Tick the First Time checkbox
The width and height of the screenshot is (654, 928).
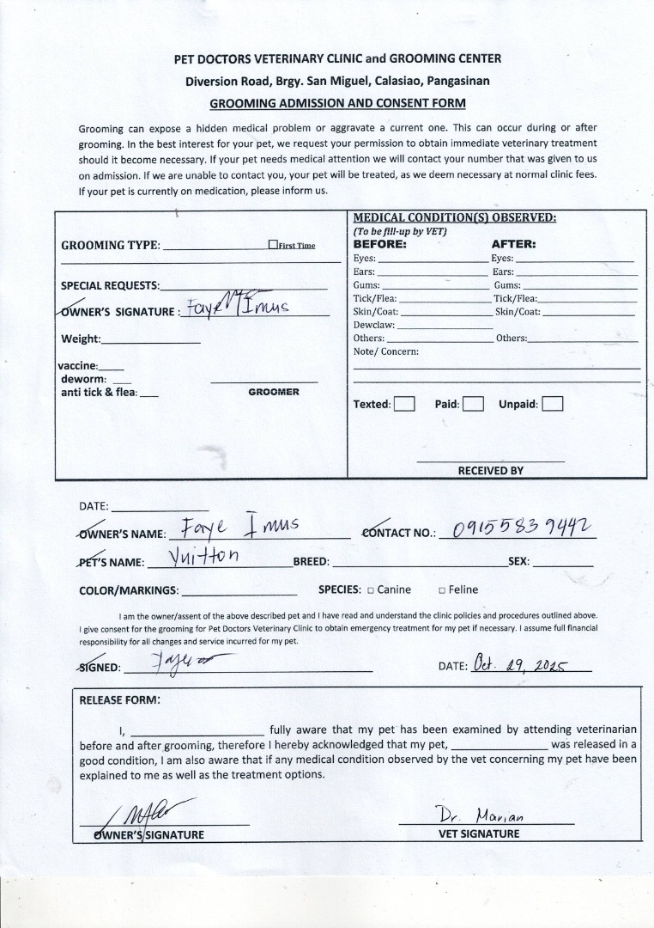[273, 245]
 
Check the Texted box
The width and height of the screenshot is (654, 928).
[404, 404]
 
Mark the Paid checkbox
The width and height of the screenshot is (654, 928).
[473, 404]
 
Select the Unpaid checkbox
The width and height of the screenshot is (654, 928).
[553, 404]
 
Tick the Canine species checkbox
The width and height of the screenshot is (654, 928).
[371, 590]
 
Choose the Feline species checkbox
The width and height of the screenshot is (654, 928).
[442, 590]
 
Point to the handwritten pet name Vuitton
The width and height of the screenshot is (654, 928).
[203, 556]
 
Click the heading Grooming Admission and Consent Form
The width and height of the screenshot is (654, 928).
[338, 103]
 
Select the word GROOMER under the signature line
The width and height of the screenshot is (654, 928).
[274, 392]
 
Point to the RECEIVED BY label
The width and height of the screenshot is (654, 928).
[490, 471]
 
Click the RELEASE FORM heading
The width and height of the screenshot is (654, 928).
[119, 699]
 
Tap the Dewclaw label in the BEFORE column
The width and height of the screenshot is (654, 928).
[374, 326]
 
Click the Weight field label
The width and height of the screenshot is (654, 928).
[81, 339]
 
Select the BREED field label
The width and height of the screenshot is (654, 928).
[312, 562]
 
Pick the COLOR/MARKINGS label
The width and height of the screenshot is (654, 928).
[129, 591]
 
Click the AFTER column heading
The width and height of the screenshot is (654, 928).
[513, 244]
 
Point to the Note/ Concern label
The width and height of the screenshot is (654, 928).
[386, 351]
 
